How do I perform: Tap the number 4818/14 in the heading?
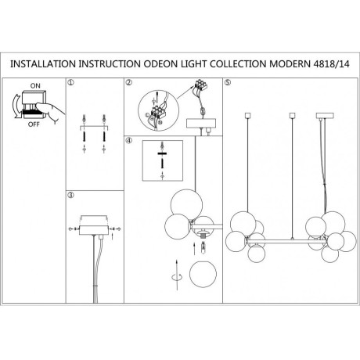331,64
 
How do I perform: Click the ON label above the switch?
35,85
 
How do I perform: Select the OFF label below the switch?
34,124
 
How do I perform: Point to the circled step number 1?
70,83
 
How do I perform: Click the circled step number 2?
128,83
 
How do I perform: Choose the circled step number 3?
70,195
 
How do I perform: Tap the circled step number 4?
128,140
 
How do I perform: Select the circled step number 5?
228,83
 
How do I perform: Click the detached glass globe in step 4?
203,275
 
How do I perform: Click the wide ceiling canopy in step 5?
325,116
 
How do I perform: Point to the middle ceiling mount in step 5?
293,115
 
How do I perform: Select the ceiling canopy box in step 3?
94,230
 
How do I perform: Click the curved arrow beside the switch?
15,107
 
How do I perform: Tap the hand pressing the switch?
50,111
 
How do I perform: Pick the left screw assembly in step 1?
84,134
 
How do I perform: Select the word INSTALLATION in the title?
43,64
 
